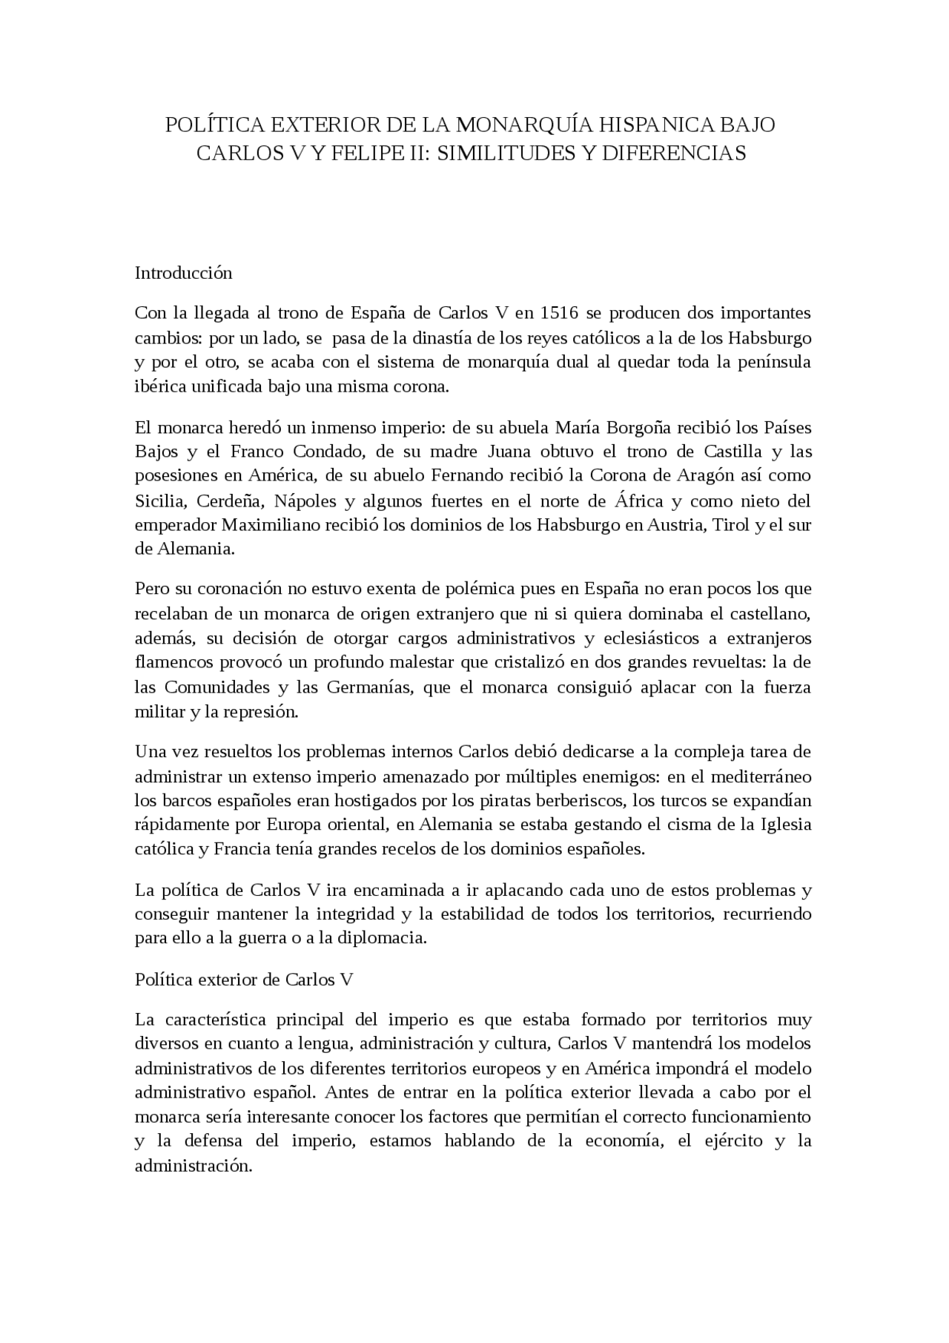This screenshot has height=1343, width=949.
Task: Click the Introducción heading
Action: tap(183, 273)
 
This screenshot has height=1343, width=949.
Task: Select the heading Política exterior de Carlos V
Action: tap(244, 980)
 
